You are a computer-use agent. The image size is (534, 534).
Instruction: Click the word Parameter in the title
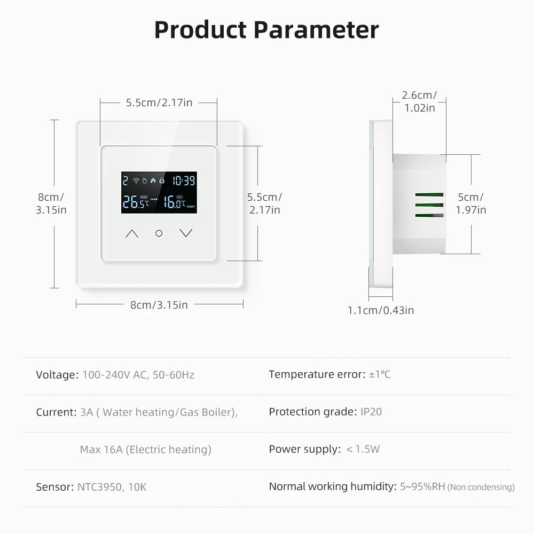316,30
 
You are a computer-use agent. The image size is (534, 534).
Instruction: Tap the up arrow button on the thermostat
132,234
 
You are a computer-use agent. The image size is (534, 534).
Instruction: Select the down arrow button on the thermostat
186,233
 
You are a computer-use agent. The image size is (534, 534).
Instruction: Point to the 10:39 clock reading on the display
184,180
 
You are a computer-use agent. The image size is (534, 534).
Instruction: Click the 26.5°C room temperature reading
136,202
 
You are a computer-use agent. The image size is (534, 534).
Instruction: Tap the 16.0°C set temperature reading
175,202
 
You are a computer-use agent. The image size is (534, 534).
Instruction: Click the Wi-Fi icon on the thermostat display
136,180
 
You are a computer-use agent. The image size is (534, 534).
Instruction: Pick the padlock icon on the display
162,180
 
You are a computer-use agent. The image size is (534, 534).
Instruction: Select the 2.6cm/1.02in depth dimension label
419,101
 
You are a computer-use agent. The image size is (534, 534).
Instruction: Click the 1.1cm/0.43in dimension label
381,310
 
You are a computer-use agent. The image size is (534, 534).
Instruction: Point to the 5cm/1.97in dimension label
471,203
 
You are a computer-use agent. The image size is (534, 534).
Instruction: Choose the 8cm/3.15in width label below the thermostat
159,305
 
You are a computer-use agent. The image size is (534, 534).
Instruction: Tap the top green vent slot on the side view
429,195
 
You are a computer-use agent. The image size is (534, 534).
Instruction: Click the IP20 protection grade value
371,412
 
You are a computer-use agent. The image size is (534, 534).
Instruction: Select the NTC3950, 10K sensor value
112,487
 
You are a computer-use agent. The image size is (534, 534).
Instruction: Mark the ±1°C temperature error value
380,375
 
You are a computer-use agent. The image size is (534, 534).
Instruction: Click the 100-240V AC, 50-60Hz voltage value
138,375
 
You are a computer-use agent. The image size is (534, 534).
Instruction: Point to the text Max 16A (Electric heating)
146,450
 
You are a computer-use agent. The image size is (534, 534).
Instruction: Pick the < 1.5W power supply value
363,449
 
